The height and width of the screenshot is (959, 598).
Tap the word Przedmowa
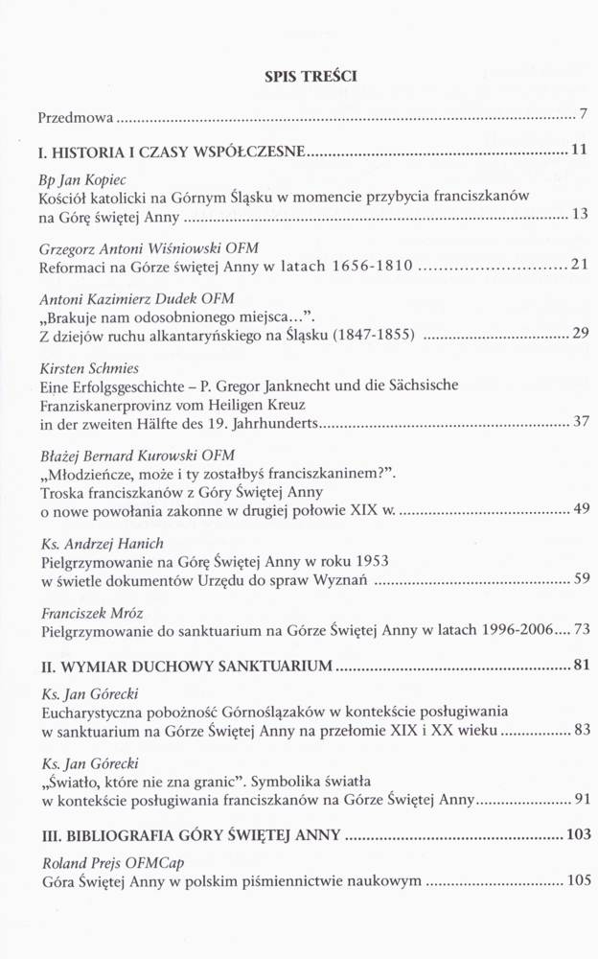(x=75, y=119)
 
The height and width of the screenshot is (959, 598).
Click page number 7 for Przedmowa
(x=583, y=117)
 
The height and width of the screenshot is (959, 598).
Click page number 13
(x=579, y=214)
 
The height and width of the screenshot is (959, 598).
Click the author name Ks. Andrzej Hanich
(x=101, y=544)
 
